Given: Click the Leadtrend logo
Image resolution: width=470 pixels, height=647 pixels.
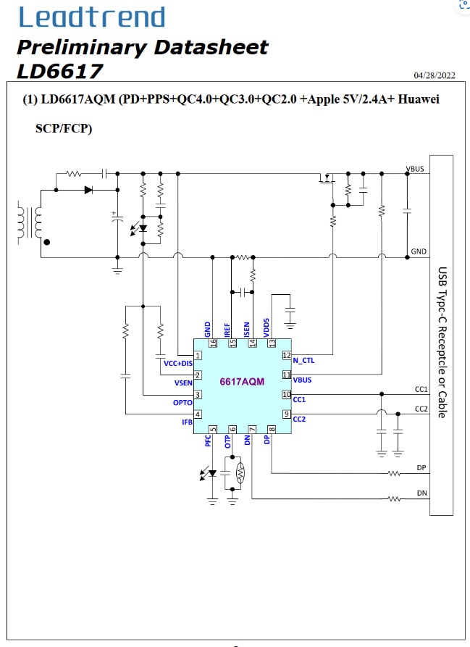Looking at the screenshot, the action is (x=92, y=17).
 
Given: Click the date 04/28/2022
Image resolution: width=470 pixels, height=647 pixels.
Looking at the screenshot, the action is (x=435, y=75).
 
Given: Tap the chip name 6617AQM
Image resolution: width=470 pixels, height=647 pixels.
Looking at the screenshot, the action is (x=242, y=382).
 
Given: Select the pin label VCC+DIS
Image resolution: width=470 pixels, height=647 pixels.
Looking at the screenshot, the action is (x=178, y=364).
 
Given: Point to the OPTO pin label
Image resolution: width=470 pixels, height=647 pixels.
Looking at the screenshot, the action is (x=182, y=403).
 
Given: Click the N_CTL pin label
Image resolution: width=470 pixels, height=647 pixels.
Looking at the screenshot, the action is (x=303, y=361).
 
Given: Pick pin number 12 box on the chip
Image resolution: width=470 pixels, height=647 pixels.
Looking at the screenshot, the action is (x=287, y=355).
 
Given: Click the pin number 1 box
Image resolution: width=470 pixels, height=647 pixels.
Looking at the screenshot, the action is (x=198, y=355).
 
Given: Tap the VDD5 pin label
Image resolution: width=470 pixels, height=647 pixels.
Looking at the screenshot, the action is (x=267, y=327).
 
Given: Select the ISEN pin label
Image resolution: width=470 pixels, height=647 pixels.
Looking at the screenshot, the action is (x=247, y=330).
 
